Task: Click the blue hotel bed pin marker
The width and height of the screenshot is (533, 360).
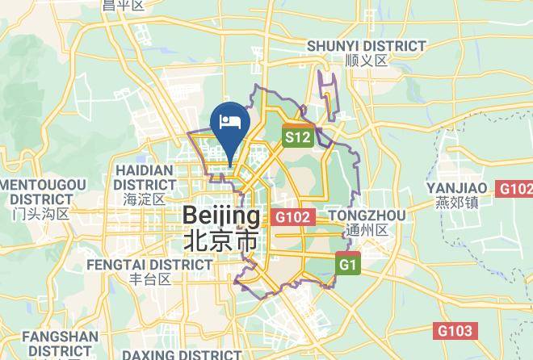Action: click(230, 121)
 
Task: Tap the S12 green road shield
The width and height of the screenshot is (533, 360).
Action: click(297, 137)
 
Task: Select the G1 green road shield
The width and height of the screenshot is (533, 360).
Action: click(348, 264)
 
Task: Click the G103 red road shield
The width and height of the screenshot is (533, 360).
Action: click(456, 330)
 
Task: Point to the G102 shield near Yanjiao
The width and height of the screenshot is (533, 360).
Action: click(516, 188)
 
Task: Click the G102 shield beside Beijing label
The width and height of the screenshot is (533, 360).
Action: click(292, 217)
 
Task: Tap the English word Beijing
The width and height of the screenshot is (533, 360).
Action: click(222, 216)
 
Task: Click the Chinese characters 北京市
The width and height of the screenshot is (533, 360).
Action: click(221, 241)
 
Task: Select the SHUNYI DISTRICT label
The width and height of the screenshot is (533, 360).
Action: click(366, 46)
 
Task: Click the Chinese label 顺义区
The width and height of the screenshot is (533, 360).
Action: click(366, 61)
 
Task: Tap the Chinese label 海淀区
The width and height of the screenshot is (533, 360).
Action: click(145, 199)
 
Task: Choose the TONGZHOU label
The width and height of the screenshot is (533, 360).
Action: click(367, 216)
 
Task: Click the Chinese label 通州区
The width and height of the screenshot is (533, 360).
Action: click(367, 230)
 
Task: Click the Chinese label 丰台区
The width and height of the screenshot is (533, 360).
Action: click(151, 279)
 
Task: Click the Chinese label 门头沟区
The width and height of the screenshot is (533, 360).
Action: click(41, 214)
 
